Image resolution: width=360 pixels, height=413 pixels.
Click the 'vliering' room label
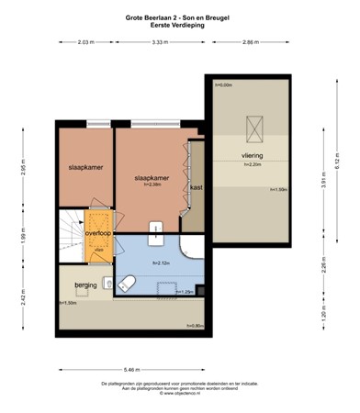pyautogui.click(x=252, y=157)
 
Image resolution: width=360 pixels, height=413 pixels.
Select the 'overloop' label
pyautogui.click(x=97, y=233)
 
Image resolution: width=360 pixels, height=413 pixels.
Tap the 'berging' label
pyautogui.click(x=86, y=285)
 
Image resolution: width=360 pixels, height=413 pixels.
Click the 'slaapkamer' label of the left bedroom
pyautogui.click(x=84, y=168)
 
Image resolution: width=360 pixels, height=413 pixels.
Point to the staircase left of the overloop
pyautogui.click(x=69, y=233)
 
